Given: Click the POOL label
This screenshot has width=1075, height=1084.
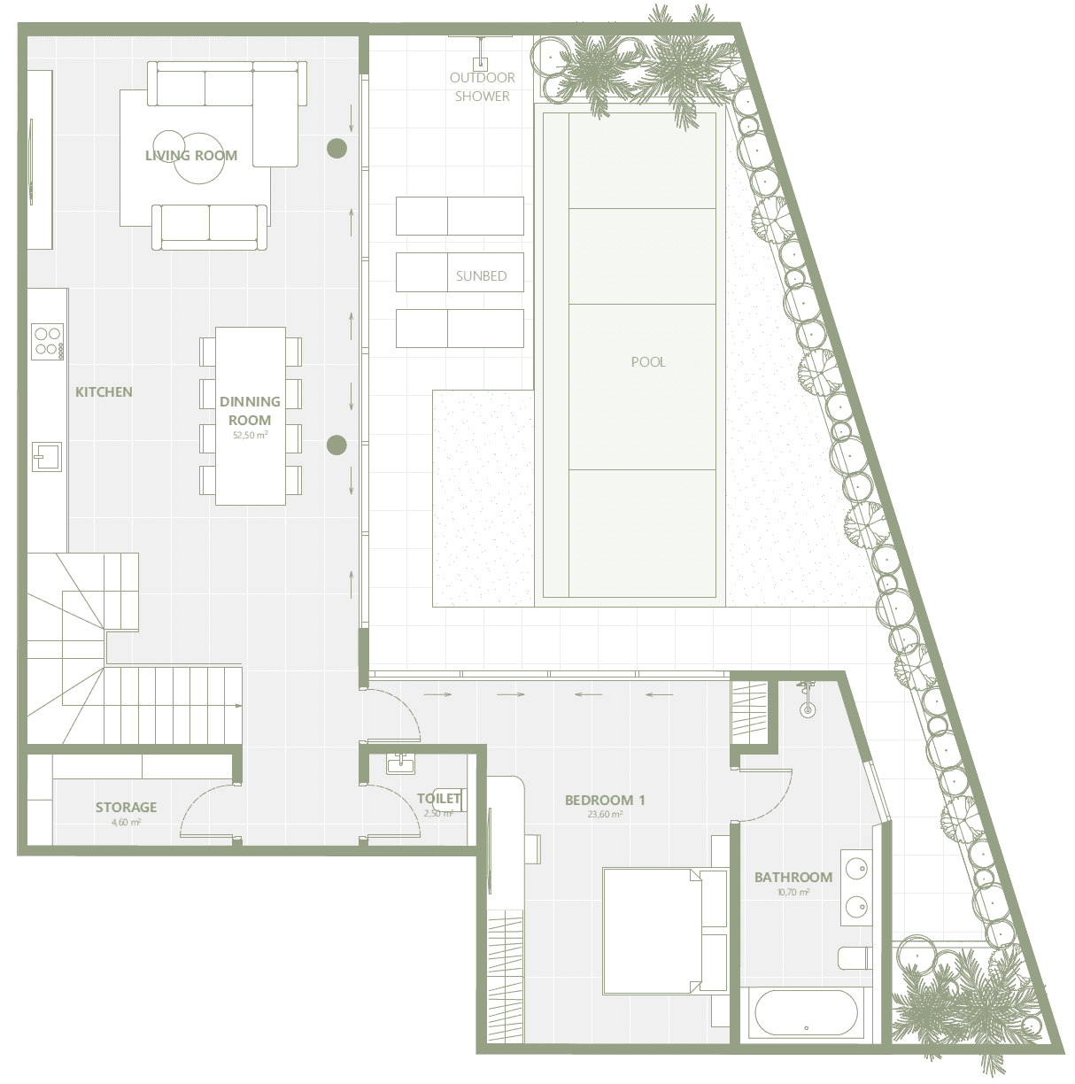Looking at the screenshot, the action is (x=648, y=361).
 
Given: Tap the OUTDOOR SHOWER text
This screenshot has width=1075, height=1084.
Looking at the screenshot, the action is (x=482, y=87).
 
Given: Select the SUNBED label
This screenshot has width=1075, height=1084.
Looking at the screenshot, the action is (x=481, y=275).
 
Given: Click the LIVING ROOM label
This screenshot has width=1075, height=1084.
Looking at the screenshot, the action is (x=191, y=155).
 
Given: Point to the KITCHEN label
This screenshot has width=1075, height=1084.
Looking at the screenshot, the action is (x=104, y=392).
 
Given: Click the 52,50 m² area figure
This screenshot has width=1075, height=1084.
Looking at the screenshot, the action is (x=250, y=435).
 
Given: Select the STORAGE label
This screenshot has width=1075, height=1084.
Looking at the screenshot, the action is (x=126, y=807).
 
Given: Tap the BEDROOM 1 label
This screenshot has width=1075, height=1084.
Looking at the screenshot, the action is (x=605, y=800).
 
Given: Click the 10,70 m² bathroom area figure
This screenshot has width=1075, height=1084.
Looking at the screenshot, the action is (x=793, y=892).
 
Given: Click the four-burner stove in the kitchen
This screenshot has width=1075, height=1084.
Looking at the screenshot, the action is (x=47, y=342).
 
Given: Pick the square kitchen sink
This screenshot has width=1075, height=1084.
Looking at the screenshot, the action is (x=47, y=457).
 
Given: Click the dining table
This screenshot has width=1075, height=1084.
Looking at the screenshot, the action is (x=251, y=415).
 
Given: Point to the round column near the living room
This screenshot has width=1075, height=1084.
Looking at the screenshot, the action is (x=337, y=149).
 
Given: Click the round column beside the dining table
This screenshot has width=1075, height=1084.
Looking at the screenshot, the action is (x=337, y=445).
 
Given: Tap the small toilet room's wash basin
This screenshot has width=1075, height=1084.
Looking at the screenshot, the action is (x=400, y=764).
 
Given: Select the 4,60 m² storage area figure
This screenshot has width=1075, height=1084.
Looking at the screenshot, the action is (x=126, y=822).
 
